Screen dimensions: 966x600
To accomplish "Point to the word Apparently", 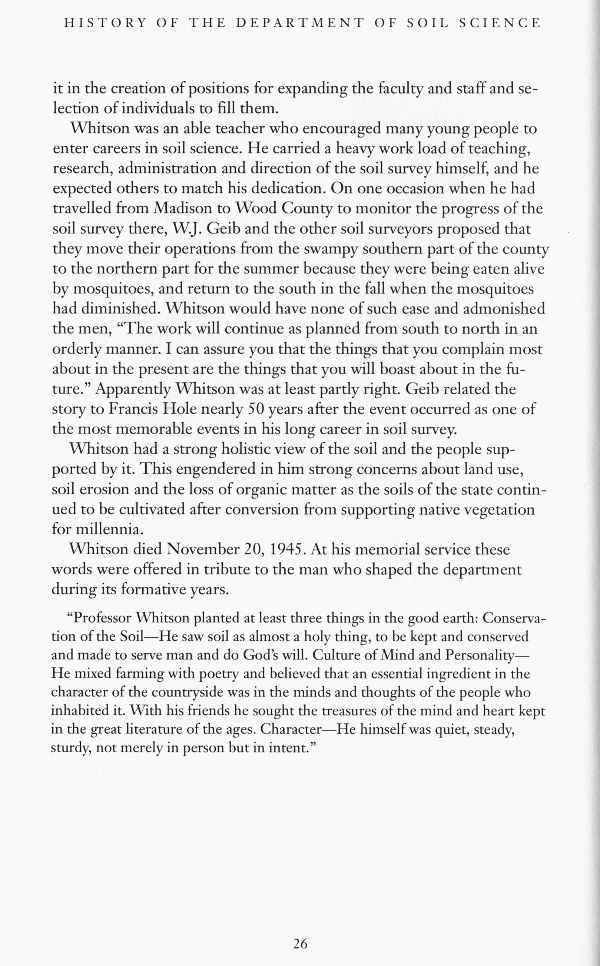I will [x=133, y=389].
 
